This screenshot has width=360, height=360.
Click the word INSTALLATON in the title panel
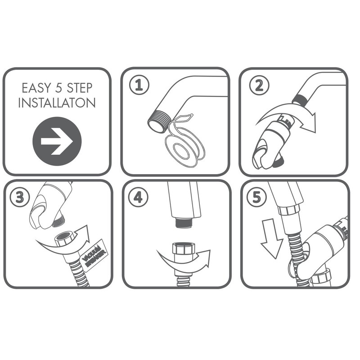tap(57, 103)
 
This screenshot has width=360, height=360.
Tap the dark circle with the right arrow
tap(57, 141)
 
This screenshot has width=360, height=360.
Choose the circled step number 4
tap(139, 198)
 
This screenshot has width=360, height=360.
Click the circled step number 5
tap(256, 198)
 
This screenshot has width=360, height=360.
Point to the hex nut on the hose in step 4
tap(183, 249)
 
